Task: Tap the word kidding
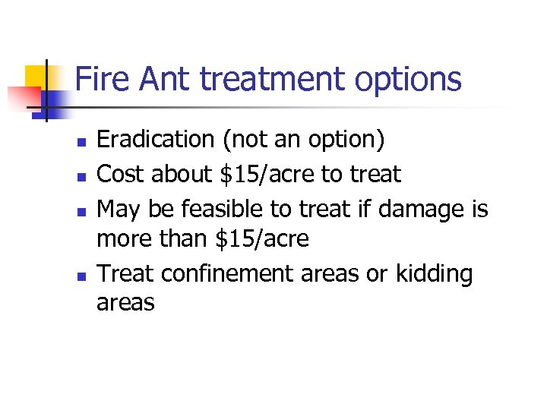434,273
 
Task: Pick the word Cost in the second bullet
122,174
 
